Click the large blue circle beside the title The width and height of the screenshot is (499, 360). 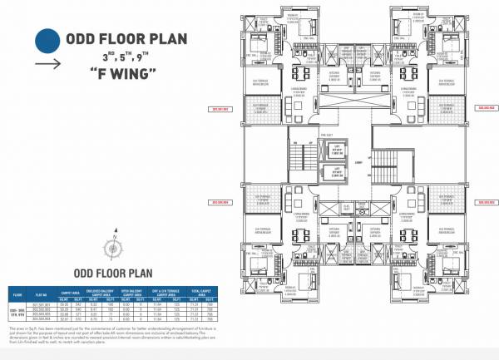48,41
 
